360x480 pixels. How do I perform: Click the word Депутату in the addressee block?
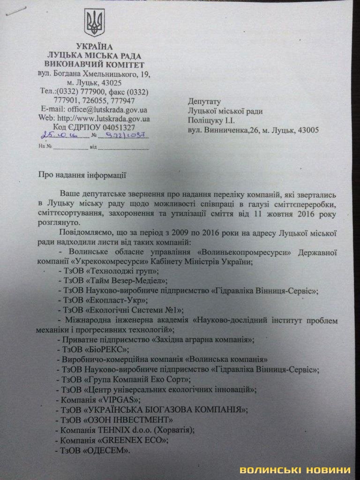pyautogui.click(x=204, y=101)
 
